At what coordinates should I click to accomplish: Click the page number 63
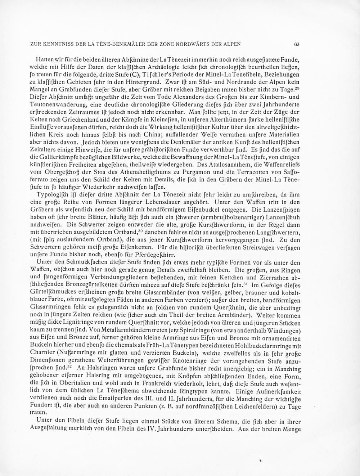(x=297, y=44)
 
